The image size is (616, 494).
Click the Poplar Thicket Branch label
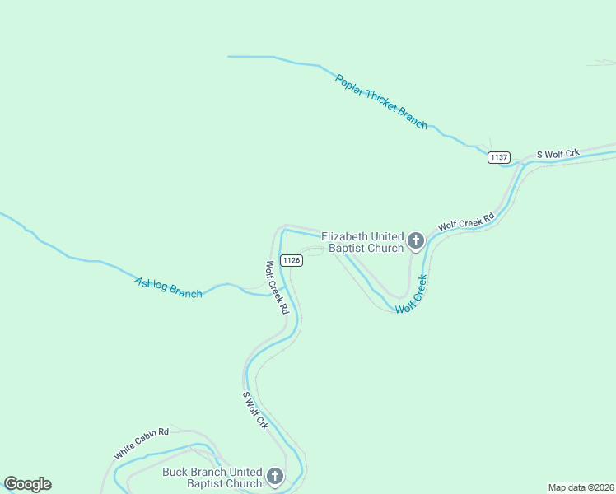[381, 101]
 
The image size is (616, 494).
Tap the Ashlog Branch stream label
[168, 287]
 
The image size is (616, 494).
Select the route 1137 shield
[498, 157]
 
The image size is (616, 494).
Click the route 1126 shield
[292, 260]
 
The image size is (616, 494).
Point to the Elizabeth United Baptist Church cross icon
[416, 241]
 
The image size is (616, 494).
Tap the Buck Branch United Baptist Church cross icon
[274, 477]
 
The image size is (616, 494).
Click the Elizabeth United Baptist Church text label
[362, 241]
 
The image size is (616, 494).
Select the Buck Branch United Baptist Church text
[212, 478]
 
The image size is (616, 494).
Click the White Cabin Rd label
[141, 444]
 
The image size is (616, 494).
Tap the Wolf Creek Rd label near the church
[465, 221]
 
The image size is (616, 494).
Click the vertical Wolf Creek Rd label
[277, 287]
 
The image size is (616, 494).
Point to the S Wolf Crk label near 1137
[558, 154]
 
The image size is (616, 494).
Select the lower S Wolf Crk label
[255, 410]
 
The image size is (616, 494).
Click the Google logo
[27, 484]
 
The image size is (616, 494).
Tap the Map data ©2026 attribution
[581, 487]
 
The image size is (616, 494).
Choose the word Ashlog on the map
[151, 283]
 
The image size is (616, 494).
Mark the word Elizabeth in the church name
[343, 235]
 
